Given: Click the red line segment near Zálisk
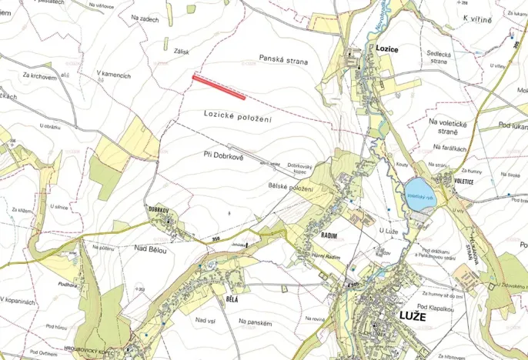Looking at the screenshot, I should (219, 87).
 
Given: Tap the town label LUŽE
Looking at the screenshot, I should (414, 315).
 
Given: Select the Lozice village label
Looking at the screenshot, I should (387, 48).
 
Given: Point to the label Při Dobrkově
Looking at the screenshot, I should (223, 155).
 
